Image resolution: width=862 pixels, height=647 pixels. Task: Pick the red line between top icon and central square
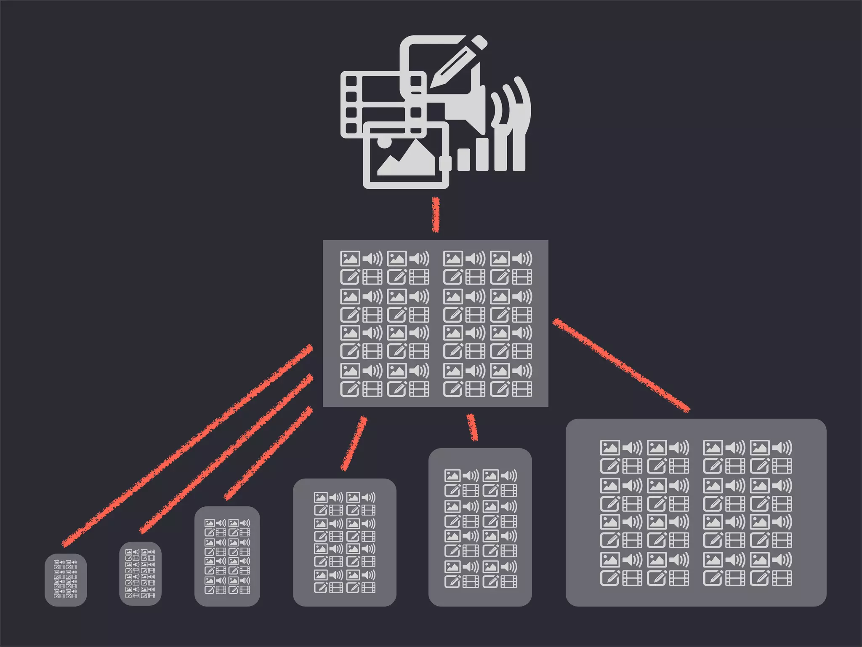click(436, 215)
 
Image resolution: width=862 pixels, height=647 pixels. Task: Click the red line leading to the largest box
click(621, 365)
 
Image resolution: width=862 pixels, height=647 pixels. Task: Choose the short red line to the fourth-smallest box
click(354, 443)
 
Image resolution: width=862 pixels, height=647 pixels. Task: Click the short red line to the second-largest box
click(472, 427)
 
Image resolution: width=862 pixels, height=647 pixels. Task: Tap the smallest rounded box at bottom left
click(66, 580)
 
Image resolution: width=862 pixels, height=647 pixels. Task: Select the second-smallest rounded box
click(140, 573)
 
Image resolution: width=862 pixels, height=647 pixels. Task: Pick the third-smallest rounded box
click(227, 556)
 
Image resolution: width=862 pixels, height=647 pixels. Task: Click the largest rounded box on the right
click(696, 512)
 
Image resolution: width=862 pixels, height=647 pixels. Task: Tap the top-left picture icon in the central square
click(350, 258)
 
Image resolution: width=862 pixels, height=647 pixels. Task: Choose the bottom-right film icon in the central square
click(522, 389)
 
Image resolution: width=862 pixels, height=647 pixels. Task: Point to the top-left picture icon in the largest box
click(610, 447)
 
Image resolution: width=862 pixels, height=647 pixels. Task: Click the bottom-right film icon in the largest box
click(782, 578)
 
